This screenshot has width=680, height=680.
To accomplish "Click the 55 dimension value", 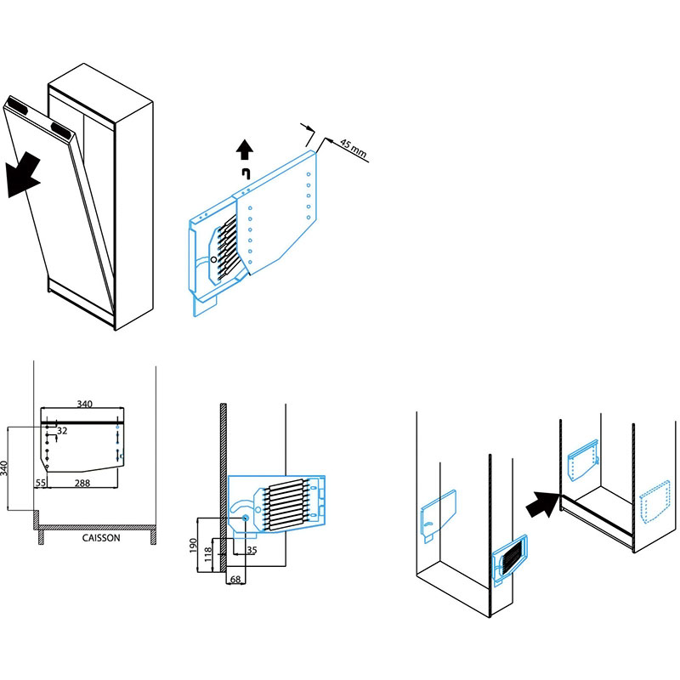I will pos(40,482).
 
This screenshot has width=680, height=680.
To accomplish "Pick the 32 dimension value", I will pos(62,432).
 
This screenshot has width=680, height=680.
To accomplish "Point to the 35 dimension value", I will pos(251,550).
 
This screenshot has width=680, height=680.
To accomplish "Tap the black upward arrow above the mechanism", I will pos(245,150).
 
